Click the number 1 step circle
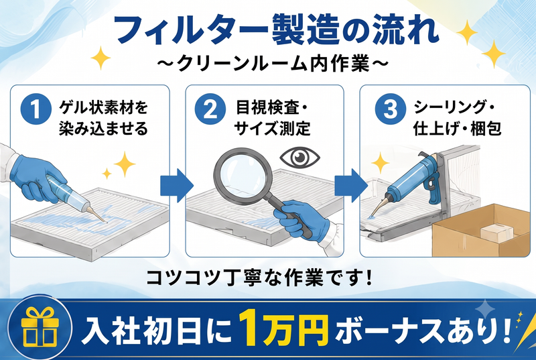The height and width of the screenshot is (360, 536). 36,109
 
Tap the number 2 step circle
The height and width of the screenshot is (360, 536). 210,109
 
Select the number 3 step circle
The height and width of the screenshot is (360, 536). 391,109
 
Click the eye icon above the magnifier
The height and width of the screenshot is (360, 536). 299,158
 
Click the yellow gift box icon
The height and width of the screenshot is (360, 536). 40,327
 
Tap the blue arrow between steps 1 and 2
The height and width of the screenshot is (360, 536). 177,186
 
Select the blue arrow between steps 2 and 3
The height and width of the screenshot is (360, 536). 350,186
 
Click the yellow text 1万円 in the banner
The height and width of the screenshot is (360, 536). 283,328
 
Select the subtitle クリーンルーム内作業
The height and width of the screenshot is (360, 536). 273,64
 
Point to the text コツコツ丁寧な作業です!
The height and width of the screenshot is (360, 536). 259,278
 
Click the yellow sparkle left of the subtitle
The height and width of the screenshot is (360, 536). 100,58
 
